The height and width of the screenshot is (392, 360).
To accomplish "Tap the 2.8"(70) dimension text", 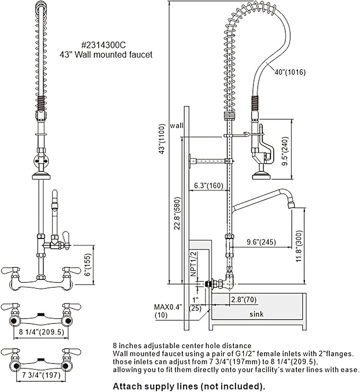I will (243, 299).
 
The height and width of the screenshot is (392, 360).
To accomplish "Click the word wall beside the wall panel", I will (177, 126).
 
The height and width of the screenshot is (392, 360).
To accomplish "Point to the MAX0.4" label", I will (168, 307).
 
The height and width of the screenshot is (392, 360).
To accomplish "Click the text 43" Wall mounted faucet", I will (106, 54).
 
